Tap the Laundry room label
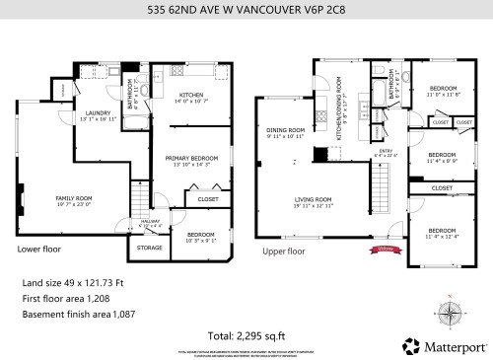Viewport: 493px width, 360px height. (x=96, y=113)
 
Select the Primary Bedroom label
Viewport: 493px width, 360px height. (x=190, y=158)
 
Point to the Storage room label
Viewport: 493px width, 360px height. (x=149, y=248)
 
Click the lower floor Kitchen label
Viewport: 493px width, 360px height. (x=191, y=95)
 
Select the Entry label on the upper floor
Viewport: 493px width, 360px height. (x=380, y=151)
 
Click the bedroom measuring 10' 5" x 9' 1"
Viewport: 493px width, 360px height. (x=200, y=235)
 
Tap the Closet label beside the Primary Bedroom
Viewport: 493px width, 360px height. (x=208, y=199)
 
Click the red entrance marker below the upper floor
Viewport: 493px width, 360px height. (x=384, y=250)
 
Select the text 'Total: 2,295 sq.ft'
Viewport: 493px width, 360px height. (x=246, y=336)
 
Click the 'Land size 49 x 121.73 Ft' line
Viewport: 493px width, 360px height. (x=72, y=282)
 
